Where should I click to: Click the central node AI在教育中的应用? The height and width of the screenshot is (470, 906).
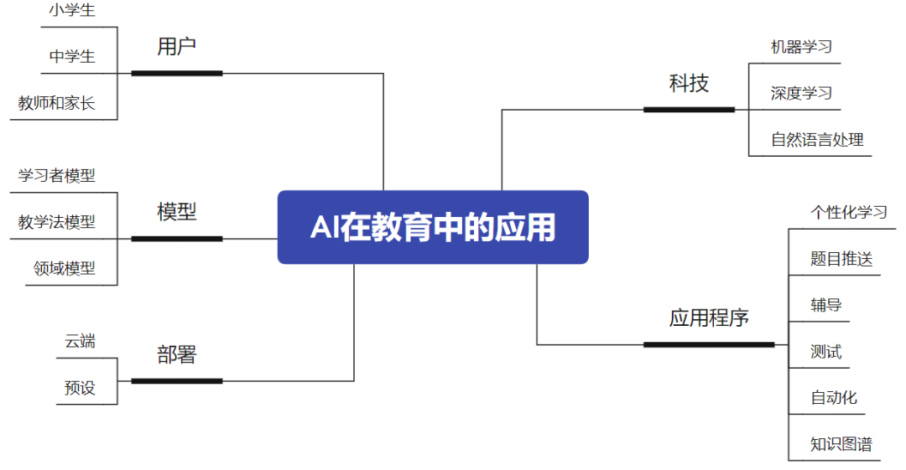[433, 227]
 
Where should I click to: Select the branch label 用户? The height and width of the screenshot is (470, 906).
[176, 47]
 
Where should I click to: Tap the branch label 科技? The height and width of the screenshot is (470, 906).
[689, 83]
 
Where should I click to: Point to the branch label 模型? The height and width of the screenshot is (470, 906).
[176, 212]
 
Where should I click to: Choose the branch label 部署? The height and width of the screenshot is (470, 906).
[176, 354]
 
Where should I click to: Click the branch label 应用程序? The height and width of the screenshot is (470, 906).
[709, 318]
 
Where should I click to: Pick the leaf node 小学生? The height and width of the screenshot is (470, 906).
[71, 11]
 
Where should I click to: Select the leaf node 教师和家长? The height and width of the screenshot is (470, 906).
[57, 103]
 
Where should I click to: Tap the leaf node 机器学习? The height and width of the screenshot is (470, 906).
[801, 47]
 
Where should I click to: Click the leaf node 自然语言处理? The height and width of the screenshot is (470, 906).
[817, 139]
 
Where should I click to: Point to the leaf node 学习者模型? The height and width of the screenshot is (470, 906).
[57, 176]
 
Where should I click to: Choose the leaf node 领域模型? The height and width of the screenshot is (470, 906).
[65, 268]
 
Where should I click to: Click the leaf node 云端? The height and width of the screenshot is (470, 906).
[81, 341]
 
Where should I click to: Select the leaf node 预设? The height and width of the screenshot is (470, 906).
[81, 388]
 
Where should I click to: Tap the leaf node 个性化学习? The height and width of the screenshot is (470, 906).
[848, 212]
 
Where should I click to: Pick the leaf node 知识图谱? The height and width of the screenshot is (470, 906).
[841, 444]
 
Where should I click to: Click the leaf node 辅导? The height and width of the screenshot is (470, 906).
[825, 305]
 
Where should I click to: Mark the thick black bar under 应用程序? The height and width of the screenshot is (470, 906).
[709, 344]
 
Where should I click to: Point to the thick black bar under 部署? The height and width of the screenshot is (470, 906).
[177, 381]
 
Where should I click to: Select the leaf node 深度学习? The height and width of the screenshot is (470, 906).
[801, 93]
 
